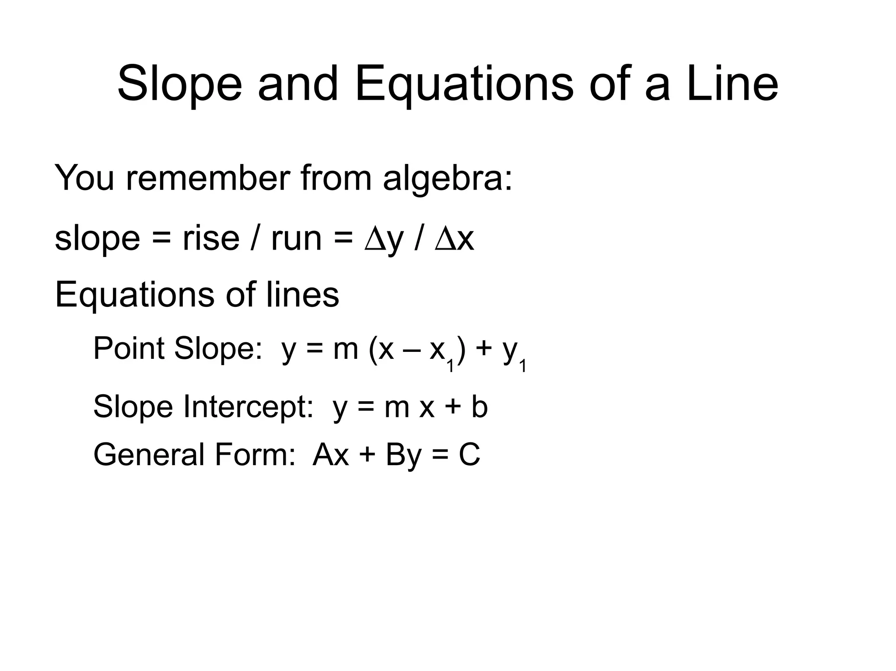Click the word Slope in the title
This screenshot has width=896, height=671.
[x=180, y=84]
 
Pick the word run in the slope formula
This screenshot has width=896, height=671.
[x=296, y=240]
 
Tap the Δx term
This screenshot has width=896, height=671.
[x=455, y=240]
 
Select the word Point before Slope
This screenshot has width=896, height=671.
[x=129, y=349]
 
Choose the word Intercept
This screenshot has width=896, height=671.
[x=248, y=407]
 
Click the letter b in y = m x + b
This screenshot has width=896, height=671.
[x=479, y=407]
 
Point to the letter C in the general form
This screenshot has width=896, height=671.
[x=469, y=455]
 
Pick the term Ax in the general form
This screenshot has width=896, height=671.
[x=331, y=455]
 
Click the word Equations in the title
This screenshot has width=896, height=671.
[x=464, y=84]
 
